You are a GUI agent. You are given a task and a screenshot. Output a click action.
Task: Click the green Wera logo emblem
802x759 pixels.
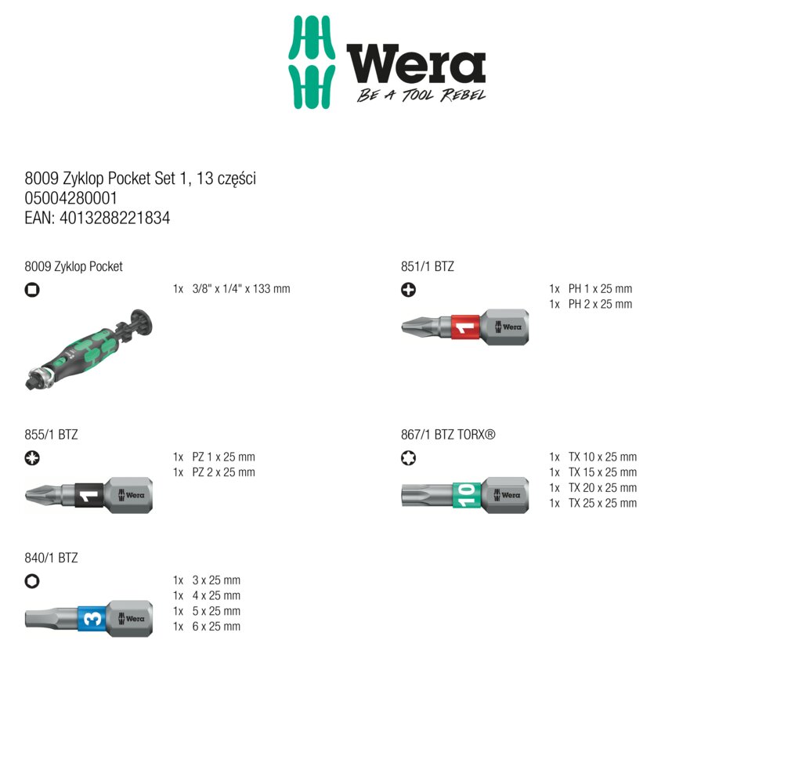click(312, 62)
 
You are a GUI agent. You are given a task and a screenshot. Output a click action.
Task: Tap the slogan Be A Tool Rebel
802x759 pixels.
click(421, 95)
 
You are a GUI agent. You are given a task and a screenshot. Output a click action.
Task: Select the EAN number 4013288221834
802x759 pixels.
click(114, 218)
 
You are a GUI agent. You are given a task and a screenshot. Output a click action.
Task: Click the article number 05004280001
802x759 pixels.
click(71, 198)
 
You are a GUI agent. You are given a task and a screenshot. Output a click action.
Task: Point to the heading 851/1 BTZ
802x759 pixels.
click(427, 266)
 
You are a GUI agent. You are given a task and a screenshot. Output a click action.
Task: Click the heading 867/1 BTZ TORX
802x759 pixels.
click(448, 435)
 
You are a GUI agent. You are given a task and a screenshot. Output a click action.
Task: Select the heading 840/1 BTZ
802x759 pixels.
click(51, 558)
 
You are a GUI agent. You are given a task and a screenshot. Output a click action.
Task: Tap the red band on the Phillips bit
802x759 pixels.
click(465, 327)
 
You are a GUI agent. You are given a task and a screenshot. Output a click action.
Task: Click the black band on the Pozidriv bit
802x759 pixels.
click(89, 496)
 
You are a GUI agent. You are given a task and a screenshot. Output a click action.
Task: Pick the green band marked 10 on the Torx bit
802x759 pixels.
click(467, 496)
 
